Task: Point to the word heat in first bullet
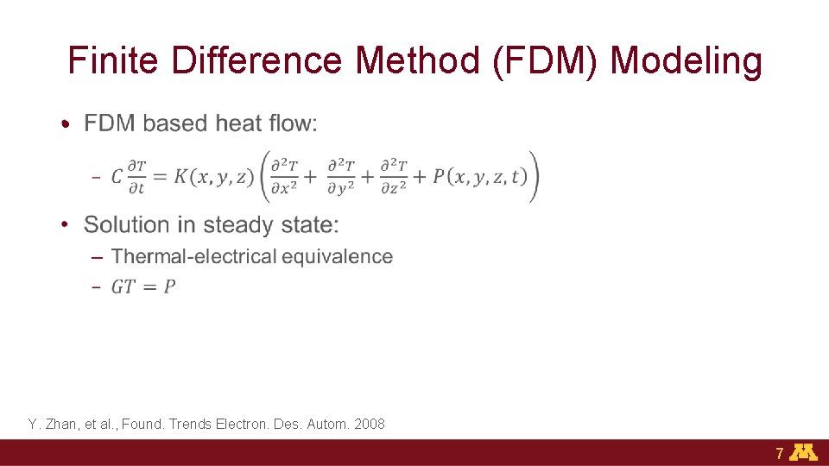(x=239, y=123)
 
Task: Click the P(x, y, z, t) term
(x=479, y=177)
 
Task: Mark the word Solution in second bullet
(x=127, y=225)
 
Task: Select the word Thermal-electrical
(x=194, y=256)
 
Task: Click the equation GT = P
(x=143, y=287)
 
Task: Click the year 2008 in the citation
(x=370, y=424)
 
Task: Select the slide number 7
(x=779, y=453)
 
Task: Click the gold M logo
(x=805, y=452)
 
